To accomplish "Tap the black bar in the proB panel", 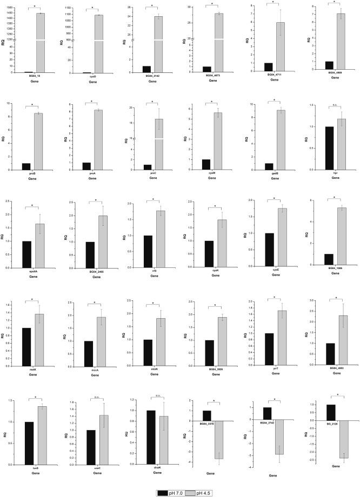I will tap(26, 166).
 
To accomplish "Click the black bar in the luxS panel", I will tap(26, 443).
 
